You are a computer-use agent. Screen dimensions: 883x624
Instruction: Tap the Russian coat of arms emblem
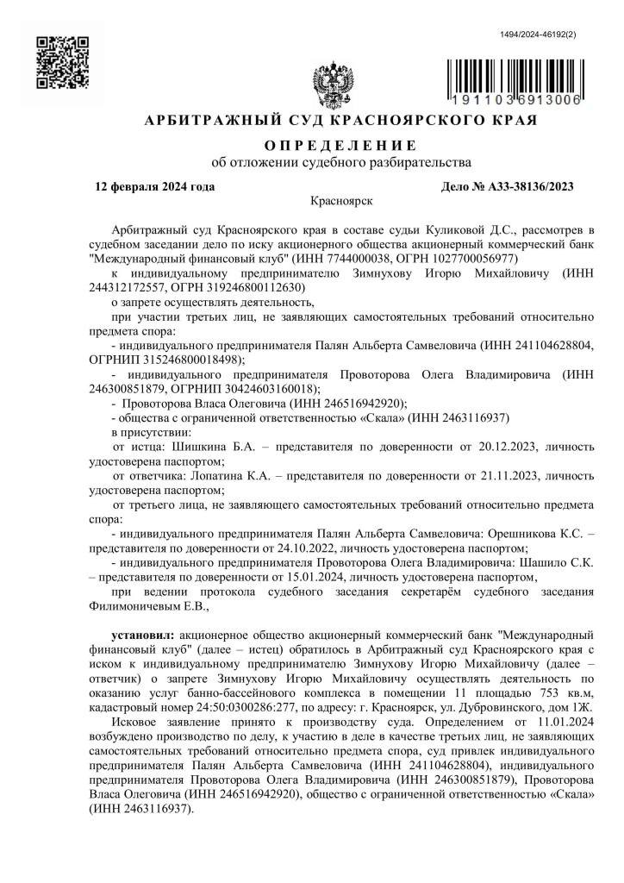pos(332,85)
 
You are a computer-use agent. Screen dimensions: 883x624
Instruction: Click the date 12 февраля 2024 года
pos(155,186)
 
